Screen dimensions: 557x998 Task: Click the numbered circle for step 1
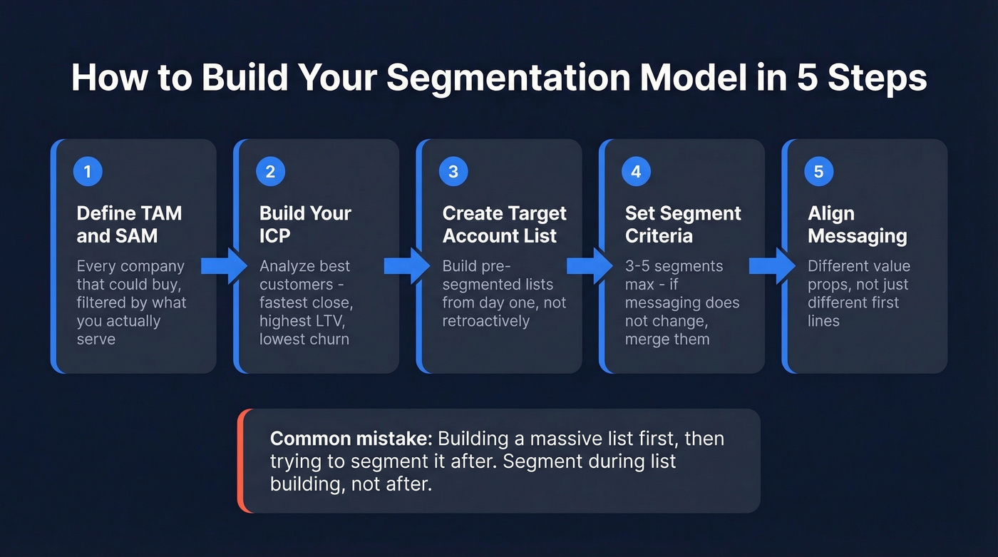point(88,172)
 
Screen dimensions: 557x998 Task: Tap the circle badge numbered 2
point(270,172)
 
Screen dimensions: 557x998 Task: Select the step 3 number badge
point(453,172)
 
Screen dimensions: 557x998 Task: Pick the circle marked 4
point(636,172)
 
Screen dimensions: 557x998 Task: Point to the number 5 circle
point(818,172)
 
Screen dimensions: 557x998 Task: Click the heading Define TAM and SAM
point(129,224)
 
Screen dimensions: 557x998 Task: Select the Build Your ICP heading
point(305,224)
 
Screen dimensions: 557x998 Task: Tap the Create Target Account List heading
point(504,224)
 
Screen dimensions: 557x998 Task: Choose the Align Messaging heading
point(857,224)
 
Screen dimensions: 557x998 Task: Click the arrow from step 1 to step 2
point(224,266)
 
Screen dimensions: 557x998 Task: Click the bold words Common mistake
point(351,438)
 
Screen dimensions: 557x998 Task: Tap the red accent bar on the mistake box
point(241,461)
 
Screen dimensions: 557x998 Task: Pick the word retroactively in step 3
point(485,321)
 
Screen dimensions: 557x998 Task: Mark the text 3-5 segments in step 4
point(674,266)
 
